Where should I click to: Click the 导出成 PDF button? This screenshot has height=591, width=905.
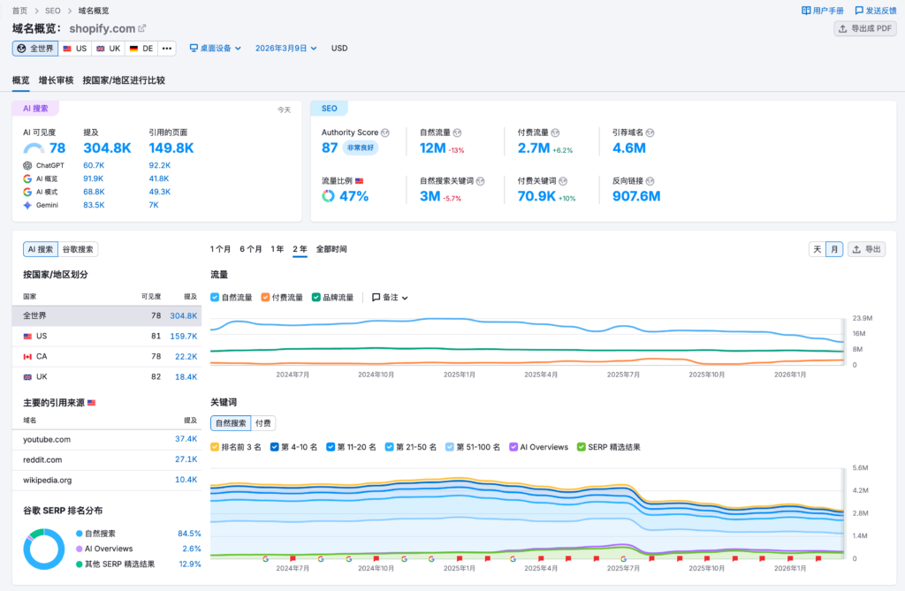point(865,29)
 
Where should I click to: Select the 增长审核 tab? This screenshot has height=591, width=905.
point(57,80)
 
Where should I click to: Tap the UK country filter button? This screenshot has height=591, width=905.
point(109,49)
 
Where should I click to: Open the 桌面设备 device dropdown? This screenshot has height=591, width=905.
point(216,49)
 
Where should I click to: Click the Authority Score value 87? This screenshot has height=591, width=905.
point(330,148)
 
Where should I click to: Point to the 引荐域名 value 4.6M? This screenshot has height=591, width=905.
point(629,148)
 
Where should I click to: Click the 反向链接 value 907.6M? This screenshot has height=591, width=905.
point(636,196)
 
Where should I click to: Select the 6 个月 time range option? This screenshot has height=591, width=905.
point(251,249)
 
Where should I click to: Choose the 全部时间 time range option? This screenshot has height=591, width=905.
point(331,249)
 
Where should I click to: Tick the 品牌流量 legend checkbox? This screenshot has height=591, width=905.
point(316,298)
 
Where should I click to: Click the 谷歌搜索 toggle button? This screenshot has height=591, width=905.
point(79,250)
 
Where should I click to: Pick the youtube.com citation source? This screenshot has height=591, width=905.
point(47,439)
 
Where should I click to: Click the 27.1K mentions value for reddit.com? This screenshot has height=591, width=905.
point(186,459)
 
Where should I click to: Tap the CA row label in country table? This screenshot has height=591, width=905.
point(42,356)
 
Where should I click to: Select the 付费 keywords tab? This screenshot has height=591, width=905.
point(263,423)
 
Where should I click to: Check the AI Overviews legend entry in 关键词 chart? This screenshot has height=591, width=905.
point(514,447)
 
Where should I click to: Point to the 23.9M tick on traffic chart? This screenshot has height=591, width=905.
point(863,318)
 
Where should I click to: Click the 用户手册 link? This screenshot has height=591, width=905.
point(823,11)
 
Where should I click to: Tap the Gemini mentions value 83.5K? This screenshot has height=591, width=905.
point(94,205)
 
